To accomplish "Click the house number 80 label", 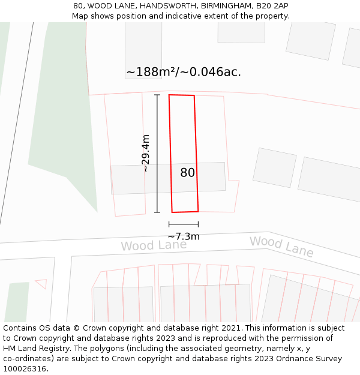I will [187, 173].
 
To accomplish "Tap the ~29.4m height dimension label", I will [146, 154].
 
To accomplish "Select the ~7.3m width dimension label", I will [184, 236].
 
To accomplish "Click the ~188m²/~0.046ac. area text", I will [184, 72].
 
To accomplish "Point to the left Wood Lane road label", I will [154, 245].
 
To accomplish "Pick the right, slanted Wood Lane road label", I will [281, 246].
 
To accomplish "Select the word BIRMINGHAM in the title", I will [223, 5].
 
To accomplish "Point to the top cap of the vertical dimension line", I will [157, 95].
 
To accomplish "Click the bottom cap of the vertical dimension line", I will [157, 212].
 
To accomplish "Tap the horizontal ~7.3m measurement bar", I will [184, 224].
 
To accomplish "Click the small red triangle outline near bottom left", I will [41, 283].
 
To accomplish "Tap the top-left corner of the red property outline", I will [169, 95].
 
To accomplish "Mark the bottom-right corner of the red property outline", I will [198, 211].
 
